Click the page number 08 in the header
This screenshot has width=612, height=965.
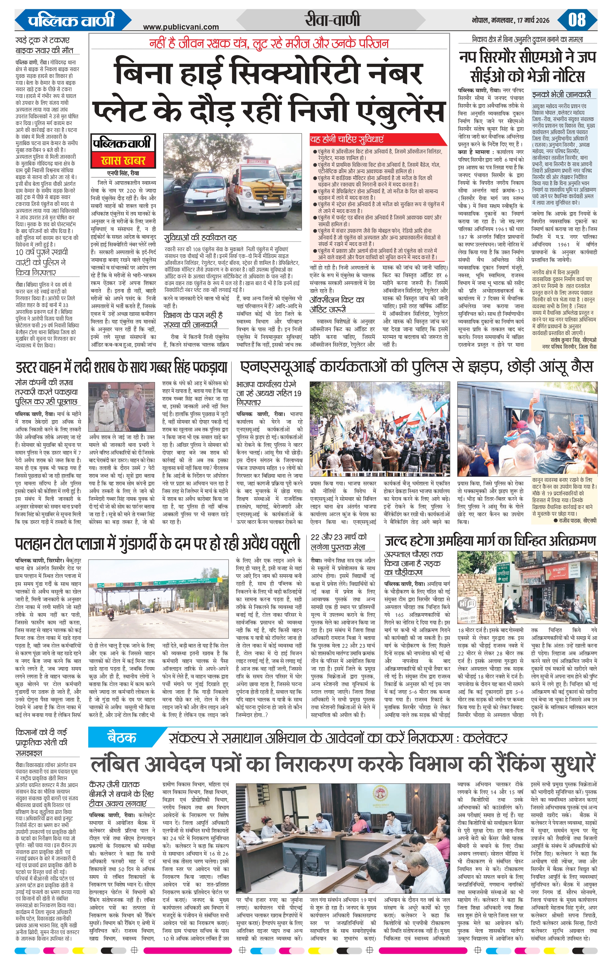577,20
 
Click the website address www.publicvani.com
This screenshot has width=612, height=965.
181,27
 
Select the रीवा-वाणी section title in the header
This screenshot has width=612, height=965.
332,20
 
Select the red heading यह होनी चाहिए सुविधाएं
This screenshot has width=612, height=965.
347,139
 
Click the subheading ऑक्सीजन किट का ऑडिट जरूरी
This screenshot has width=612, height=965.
337,305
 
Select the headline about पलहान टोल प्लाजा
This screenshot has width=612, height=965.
158,544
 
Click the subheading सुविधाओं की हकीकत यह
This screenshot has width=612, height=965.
201,237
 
